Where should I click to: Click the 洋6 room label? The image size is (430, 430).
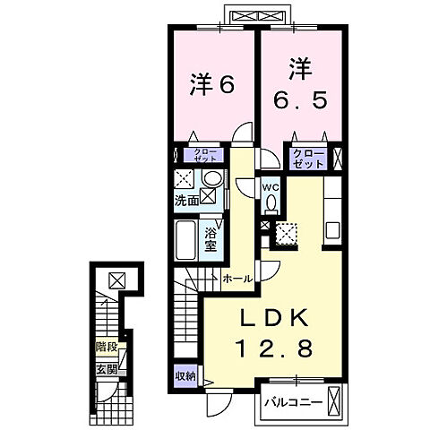click(212, 86)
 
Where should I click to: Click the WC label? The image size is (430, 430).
click(270, 186)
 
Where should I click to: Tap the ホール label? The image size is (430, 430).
click(236, 279)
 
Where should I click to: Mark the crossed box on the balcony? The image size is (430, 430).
click(335, 400)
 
